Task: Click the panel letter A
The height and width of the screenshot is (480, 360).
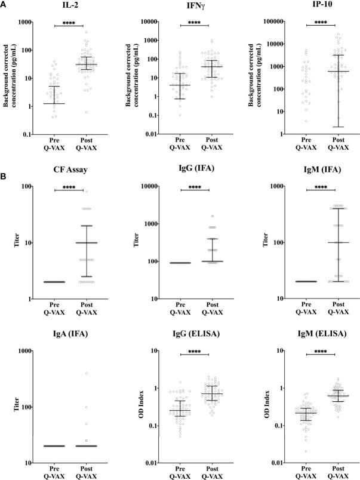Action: coord(5,4)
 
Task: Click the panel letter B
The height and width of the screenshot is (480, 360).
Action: coord(5,177)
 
